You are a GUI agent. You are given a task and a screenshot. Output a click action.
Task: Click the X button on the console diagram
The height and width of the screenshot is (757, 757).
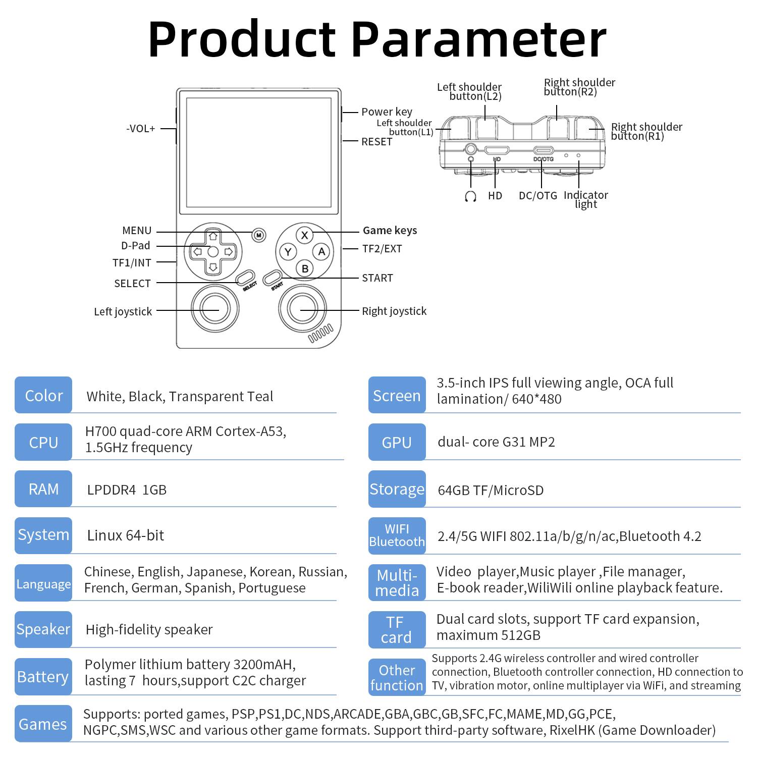tap(304, 235)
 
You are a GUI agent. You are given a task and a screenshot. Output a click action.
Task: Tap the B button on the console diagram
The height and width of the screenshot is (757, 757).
tap(304, 268)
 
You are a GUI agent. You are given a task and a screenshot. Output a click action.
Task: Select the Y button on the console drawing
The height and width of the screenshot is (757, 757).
tap(288, 252)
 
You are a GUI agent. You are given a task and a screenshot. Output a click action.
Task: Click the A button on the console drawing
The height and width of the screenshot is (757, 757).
tap(321, 252)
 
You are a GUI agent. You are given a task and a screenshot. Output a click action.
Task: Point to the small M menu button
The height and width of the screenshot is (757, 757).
tap(258, 235)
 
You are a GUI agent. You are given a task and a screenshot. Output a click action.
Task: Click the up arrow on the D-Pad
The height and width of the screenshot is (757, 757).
tap(213, 236)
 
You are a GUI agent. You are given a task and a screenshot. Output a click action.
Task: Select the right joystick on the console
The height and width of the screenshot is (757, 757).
tap(302, 309)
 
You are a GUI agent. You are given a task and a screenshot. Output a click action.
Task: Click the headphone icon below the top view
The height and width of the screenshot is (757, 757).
tap(470, 196)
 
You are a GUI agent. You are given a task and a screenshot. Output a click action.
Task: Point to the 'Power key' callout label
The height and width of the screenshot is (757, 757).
tap(387, 112)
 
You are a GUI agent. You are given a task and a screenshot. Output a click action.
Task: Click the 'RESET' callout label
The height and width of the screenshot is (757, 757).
tap(376, 142)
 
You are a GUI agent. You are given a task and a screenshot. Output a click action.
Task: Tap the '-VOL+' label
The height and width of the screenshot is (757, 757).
tap(141, 129)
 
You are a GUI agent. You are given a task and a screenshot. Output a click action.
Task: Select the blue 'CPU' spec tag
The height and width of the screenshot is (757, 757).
tap(43, 442)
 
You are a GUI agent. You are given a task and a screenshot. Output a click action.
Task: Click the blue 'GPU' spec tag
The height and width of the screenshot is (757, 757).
tap(397, 442)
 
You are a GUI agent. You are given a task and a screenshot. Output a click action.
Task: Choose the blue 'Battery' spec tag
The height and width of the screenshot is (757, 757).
tap(43, 677)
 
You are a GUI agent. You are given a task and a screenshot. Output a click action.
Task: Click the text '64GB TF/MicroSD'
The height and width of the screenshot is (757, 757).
tap(491, 490)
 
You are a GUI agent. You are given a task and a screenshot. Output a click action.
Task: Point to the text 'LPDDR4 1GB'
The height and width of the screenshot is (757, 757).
tap(127, 490)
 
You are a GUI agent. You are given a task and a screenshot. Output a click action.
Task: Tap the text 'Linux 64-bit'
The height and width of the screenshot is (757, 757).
tap(126, 535)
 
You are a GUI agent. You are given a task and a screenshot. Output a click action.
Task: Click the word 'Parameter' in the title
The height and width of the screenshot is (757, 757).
tap(478, 39)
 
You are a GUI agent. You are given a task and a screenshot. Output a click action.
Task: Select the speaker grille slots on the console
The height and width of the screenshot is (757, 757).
tap(321, 334)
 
